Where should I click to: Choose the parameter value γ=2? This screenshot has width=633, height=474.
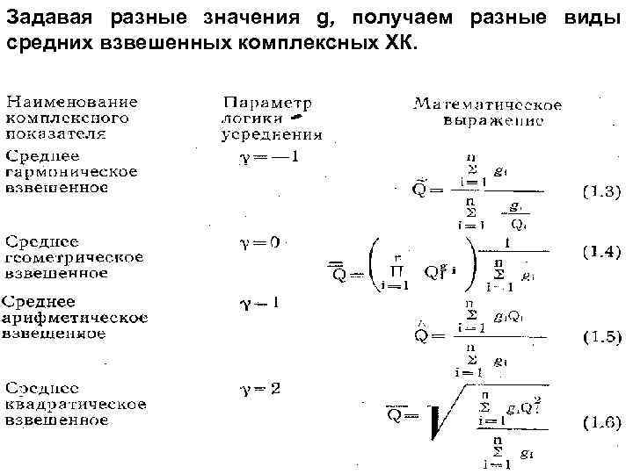260,388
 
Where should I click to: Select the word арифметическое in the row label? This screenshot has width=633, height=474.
75,318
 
